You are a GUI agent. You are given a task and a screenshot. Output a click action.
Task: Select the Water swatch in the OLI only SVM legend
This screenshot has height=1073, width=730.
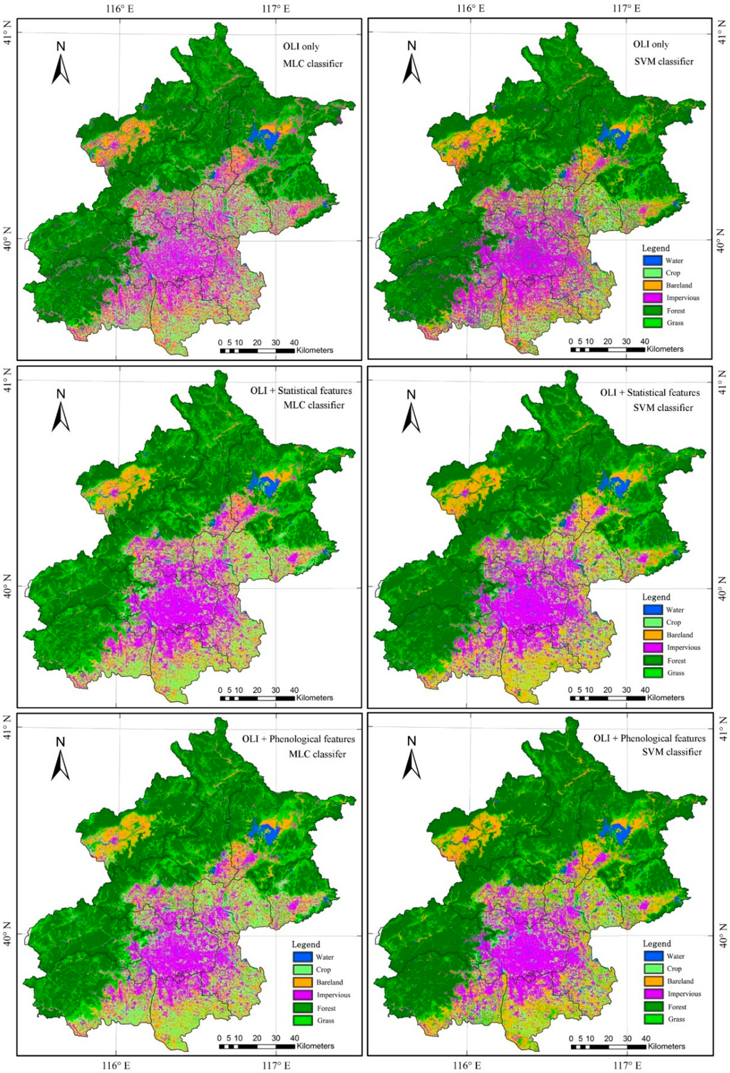tap(652, 260)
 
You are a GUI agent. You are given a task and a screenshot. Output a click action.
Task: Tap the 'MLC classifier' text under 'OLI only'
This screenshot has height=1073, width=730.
tap(313, 63)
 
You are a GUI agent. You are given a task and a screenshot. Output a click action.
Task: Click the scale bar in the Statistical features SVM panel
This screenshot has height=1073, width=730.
tap(610, 698)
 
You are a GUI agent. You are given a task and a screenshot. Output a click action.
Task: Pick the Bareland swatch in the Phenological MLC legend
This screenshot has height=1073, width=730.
tap(302, 982)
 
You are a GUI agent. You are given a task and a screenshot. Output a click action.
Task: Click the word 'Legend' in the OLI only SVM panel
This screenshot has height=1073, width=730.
tap(656, 248)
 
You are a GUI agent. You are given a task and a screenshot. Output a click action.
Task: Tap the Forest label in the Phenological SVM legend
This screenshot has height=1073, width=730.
tap(677, 1007)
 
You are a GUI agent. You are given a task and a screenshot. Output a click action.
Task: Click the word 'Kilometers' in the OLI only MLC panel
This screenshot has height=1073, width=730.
tap(314, 350)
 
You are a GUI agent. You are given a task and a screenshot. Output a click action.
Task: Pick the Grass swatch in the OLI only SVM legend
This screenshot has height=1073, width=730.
tap(652, 323)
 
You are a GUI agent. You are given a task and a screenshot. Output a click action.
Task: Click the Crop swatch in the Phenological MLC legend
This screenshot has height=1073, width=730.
tap(302, 970)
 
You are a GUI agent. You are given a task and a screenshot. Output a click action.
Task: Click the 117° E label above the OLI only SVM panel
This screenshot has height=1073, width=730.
tap(627, 9)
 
